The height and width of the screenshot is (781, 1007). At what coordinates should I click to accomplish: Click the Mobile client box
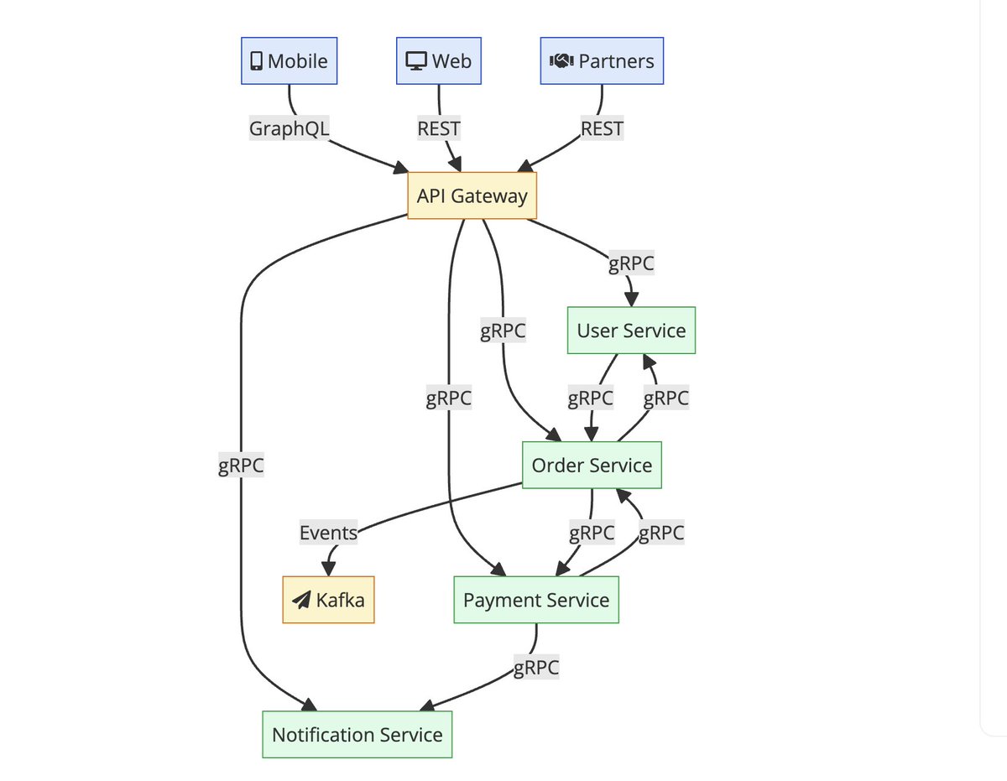click(290, 60)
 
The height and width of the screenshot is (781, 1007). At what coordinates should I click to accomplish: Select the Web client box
click(438, 60)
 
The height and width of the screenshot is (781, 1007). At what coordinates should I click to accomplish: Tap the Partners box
click(602, 60)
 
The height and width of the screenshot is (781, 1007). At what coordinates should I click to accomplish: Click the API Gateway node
click(472, 195)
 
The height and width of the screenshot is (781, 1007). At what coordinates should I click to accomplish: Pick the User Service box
click(631, 331)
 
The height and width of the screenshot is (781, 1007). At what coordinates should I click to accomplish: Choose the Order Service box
click(592, 465)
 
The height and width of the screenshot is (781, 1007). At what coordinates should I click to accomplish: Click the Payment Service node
click(536, 600)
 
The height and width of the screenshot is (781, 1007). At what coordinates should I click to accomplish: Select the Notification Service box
click(357, 735)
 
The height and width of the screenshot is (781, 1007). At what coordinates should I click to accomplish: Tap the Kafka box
click(328, 600)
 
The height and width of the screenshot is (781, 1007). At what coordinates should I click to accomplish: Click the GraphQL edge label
click(290, 128)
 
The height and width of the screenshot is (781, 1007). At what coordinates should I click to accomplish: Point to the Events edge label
click(328, 533)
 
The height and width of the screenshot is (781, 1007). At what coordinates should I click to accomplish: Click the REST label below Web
click(438, 128)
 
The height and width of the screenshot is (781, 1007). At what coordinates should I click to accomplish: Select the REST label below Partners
click(602, 128)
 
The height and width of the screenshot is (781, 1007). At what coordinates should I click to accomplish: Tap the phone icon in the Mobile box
click(256, 61)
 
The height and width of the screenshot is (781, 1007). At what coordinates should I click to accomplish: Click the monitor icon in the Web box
click(416, 61)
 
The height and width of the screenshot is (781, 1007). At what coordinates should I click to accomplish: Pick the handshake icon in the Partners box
click(561, 60)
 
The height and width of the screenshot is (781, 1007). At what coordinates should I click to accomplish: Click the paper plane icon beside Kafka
click(301, 601)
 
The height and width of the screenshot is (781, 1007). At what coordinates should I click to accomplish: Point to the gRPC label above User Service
click(631, 263)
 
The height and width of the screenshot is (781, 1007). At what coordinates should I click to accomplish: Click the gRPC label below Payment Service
click(536, 668)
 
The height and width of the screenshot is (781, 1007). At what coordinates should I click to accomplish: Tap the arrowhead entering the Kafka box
click(329, 569)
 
